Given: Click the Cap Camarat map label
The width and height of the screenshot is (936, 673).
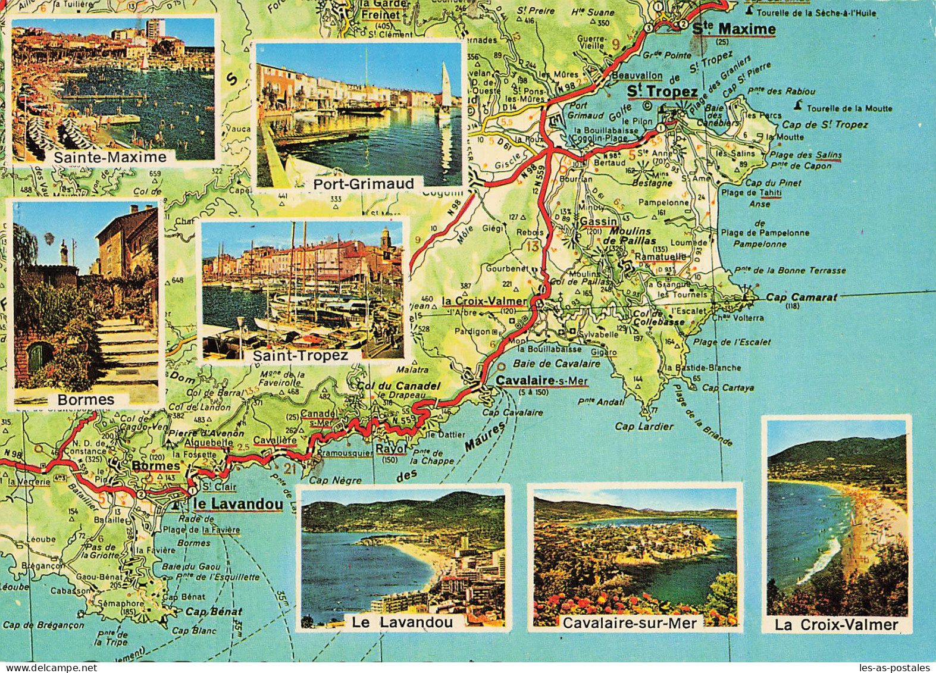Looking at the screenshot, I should coord(801,297).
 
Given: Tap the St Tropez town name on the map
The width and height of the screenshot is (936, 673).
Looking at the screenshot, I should coord(663,91).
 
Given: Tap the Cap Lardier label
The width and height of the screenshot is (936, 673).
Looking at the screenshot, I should coord(644,426).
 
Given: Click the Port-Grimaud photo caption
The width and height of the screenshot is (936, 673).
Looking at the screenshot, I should coord(364,184).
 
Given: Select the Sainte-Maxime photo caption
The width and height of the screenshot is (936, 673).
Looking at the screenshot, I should coord(110,157).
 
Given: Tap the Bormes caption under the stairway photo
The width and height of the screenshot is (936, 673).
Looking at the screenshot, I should coord(86,399).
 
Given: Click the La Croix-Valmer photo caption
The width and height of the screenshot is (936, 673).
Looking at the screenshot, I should coord(836,625).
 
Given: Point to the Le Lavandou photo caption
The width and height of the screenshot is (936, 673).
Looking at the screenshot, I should coord(402,622).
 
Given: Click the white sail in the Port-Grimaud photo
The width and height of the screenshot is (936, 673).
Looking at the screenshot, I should coord(445,83).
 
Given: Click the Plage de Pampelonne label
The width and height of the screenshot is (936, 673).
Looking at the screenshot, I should coord(765,233).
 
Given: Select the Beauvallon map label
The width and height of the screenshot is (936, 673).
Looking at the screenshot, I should coord(637,76).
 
